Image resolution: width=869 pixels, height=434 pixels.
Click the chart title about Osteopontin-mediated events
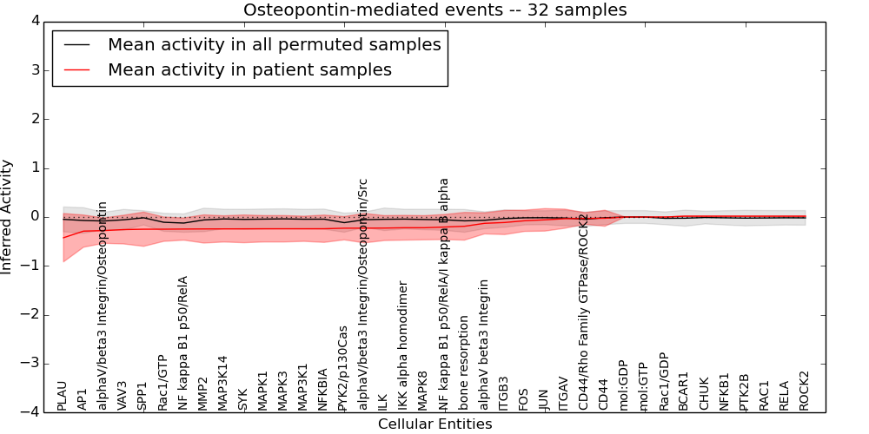434,10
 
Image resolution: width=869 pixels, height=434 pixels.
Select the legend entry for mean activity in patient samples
249,69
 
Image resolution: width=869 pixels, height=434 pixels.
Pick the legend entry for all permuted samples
274,44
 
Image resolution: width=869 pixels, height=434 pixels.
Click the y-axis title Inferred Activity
8,216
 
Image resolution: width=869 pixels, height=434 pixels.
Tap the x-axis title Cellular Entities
434,424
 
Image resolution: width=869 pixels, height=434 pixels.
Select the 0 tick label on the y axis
43,216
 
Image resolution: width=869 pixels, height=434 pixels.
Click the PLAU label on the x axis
62,394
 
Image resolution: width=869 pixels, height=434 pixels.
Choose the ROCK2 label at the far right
805,390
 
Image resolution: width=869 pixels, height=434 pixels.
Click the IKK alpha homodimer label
403,345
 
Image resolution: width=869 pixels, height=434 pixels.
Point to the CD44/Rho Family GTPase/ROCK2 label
583,303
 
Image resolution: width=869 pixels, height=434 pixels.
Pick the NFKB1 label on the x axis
724,390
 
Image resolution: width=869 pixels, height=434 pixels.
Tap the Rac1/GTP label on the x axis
163,382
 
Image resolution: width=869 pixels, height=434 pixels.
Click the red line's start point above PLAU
63,238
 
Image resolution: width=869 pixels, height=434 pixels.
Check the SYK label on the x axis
242,398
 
